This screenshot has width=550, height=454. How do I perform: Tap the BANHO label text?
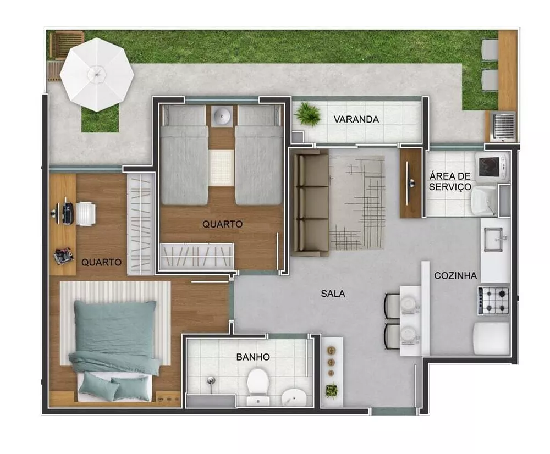point(253,357)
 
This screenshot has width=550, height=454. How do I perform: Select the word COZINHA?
point(455,275)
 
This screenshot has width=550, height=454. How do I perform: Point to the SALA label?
point(333,294)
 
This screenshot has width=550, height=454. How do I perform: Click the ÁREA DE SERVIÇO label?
point(450,181)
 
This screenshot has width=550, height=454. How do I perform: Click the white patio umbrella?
point(97,74)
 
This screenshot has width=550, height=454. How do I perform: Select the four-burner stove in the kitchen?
point(493,301)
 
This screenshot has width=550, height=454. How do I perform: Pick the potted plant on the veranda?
point(308,114)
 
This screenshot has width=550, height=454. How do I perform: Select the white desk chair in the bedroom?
point(85,213)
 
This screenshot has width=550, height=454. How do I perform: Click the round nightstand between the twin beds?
point(222,115)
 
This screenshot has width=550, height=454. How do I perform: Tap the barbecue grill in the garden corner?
point(503,126)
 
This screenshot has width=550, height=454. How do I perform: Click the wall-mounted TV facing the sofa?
point(410,183)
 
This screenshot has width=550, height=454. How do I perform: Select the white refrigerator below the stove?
point(492,338)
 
